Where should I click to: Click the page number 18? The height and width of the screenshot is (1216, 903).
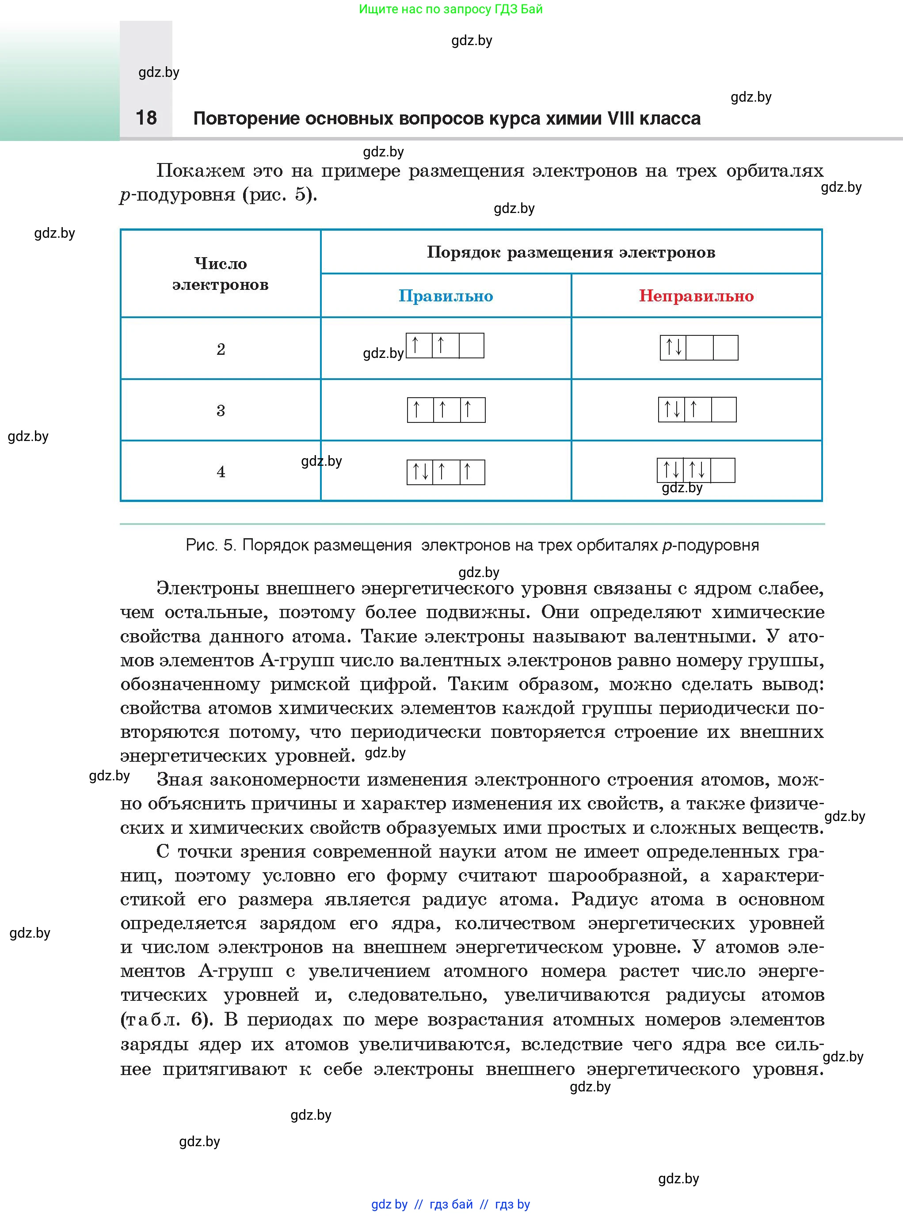(x=146, y=118)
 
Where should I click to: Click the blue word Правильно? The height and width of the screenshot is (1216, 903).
(x=446, y=296)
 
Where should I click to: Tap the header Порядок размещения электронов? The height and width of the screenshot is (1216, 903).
(x=571, y=252)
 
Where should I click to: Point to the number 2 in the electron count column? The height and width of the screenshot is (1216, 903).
(x=221, y=349)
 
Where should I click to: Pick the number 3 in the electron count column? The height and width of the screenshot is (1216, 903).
(x=221, y=410)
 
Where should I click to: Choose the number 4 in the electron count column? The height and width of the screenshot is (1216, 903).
(x=221, y=471)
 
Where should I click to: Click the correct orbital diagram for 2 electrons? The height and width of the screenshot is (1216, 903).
(x=445, y=346)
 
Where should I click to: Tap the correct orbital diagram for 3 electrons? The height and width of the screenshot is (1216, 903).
(x=446, y=410)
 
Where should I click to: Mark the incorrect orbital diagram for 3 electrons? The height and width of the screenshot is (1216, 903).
(x=697, y=409)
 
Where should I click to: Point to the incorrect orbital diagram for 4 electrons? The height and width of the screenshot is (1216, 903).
(x=695, y=470)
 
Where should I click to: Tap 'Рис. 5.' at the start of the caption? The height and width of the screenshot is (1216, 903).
(x=210, y=545)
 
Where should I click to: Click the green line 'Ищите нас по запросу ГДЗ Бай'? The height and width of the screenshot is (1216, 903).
(x=451, y=9)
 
